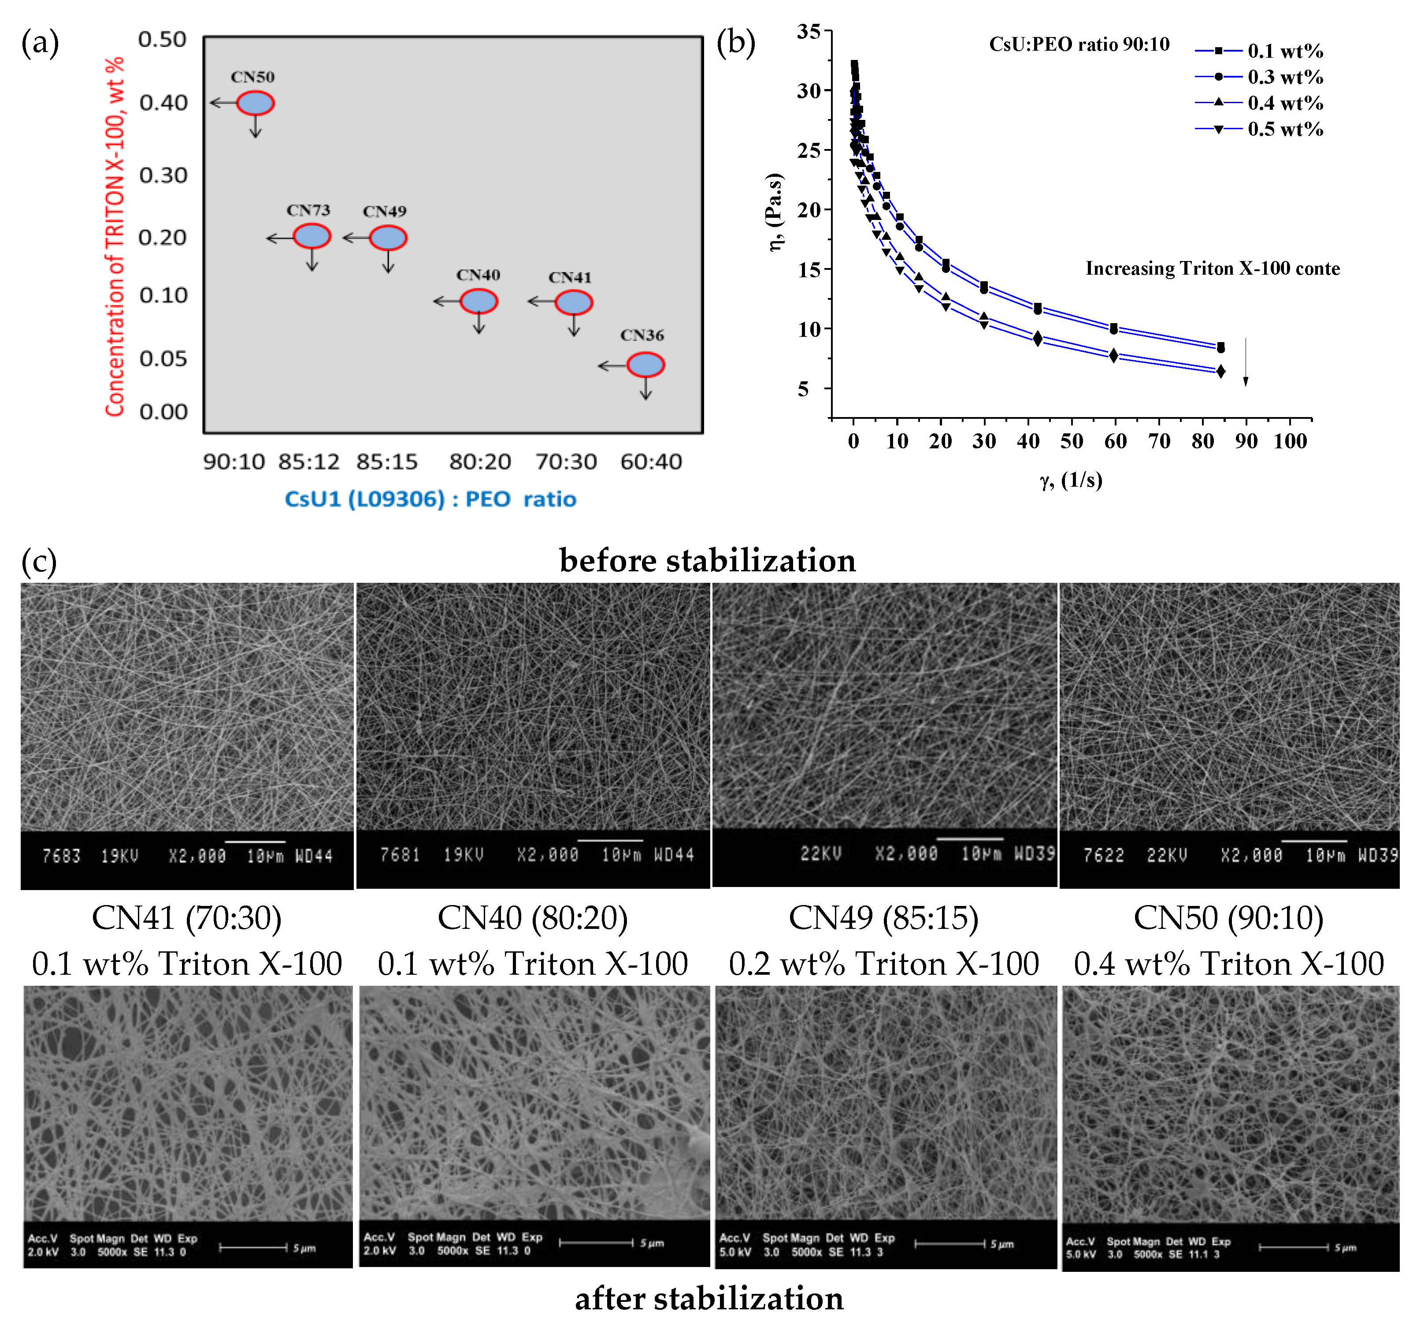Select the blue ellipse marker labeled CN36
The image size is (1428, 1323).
tap(645, 365)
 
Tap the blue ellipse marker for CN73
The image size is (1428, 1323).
tap(312, 236)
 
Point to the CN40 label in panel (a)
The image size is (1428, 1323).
tap(478, 275)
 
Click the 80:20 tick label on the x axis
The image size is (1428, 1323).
tap(479, 462)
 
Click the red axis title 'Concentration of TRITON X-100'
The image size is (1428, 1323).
tap(115, 236)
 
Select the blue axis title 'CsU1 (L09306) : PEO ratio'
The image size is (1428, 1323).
tap(430, 499)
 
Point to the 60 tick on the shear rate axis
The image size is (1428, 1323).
tap(1115, 441)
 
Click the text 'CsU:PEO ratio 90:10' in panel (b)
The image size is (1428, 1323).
tap(1079, 45)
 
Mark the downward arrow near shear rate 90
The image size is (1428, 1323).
tap(1246, 361)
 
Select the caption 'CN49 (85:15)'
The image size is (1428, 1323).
tap(883, 918)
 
